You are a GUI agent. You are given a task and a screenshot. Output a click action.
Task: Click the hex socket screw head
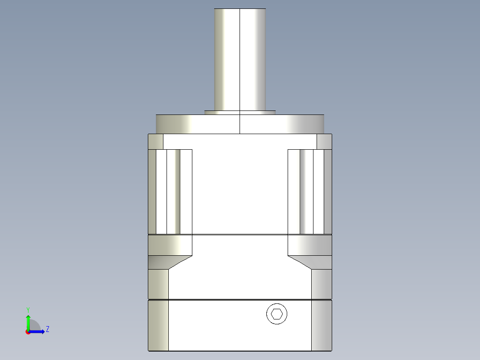[277, 314]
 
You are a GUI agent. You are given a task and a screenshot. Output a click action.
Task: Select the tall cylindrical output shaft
[240, 60]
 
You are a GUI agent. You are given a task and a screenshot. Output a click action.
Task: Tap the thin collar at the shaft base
[240, 113]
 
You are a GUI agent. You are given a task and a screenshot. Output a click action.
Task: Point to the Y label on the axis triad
[28, 309]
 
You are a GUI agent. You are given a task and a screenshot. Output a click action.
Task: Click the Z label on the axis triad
[47, 329]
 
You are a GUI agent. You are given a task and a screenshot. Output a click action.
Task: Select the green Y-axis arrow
[28, 322]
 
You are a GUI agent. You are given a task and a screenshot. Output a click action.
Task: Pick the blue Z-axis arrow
[37, 331]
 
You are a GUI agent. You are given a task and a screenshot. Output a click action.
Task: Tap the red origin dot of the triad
[28, 332]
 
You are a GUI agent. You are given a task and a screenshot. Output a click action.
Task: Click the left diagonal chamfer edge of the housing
[180, 262]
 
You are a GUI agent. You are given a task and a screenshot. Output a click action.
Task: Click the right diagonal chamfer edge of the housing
[300, 262]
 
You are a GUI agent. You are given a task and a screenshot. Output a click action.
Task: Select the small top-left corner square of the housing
[155, 142]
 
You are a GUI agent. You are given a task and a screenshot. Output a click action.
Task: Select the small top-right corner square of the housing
[324, 142]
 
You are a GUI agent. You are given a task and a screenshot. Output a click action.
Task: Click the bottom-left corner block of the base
[159, 325]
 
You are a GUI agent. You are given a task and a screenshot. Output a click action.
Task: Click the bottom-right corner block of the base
[321, 325]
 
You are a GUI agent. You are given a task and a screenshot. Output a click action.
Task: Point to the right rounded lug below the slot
[310, 245]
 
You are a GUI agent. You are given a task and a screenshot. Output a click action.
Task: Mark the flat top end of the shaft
[240, 9]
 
